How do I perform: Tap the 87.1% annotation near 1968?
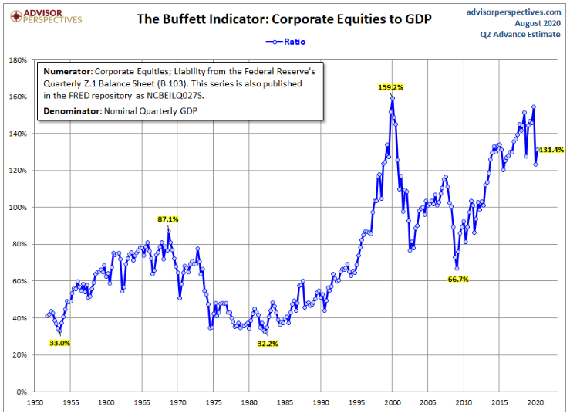[x=168, y=219]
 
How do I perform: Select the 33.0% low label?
[x=59, y=343]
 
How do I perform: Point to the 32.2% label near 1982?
[x=267, y=343]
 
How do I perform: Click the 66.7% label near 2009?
[x=458, y=280]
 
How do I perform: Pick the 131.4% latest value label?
[x=550, y=150]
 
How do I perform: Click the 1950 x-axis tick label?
[x=35, y=403]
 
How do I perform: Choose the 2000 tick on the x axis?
[x=392, y=403]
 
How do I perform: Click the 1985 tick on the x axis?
[x=285, y=403]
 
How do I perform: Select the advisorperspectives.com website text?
[x=514, y=12]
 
